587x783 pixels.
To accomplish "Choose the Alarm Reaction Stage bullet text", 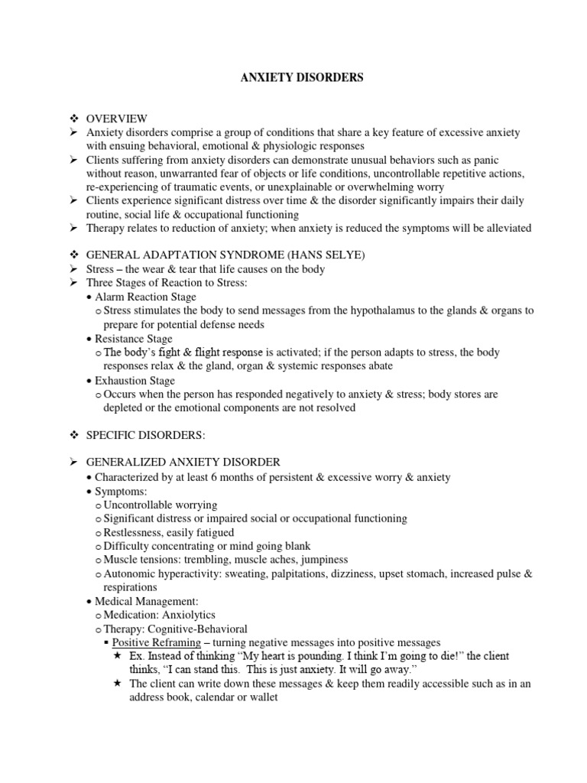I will pyautogui.click(x=145, y=297).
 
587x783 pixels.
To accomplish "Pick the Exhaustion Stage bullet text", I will pyautogui.click(x=135, y=381).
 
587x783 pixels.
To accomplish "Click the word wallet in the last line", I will pyautogui.click(x=251, y=698).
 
